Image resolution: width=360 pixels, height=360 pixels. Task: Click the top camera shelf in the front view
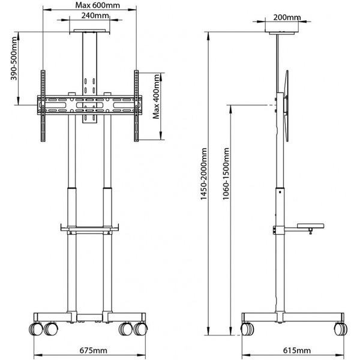click(x=90, y=30)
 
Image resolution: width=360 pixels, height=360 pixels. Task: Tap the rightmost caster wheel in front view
click(x=142, y=329)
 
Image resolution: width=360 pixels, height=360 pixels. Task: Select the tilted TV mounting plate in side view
click(x=286, y=106)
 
